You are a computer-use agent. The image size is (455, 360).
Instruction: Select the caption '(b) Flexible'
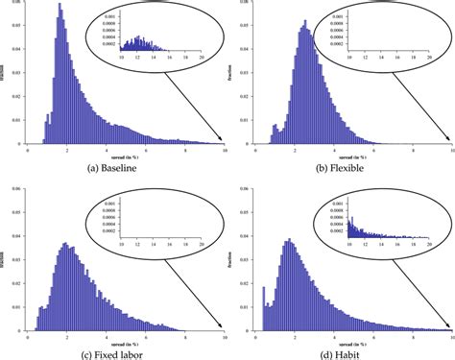[x=345, y=166]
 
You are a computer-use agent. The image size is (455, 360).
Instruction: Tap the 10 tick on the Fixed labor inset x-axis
[x=124, y=243]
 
